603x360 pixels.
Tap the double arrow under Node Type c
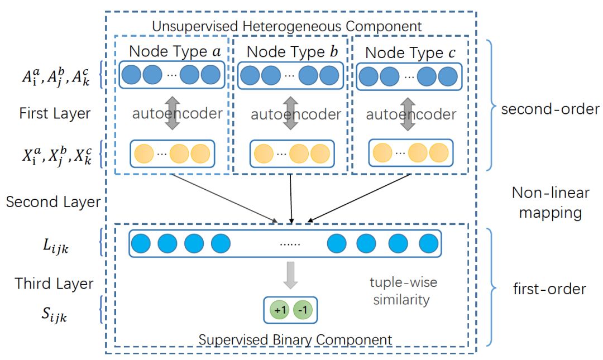(x=409, y=114)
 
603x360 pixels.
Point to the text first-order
(x=550, y=289)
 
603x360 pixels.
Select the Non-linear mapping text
(x=551, y=203)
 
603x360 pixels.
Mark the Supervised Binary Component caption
(x=295, y=339)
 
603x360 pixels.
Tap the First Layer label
(x=55, y=113)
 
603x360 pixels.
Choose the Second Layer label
(x=53, y=202)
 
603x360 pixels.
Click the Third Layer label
(x=54, y=284)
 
